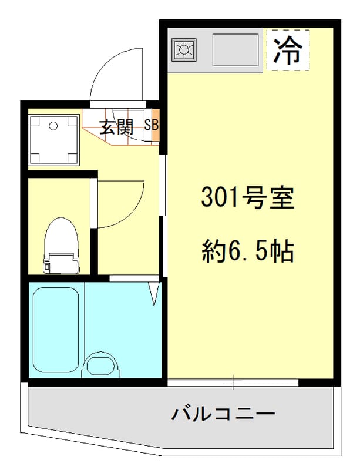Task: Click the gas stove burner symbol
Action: coord(184,49)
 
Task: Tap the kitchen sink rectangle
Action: coord(235,49)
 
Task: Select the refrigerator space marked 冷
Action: coord(288,49)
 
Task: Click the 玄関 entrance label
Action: coord(116,127)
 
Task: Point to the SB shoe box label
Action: coord(151,125)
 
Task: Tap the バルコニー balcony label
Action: coord(223,414)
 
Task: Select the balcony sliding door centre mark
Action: coord(233,383)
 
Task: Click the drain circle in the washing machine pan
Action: coord(53,126)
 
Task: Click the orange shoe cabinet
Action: coord(156,126)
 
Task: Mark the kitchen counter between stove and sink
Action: coord(204,49)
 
